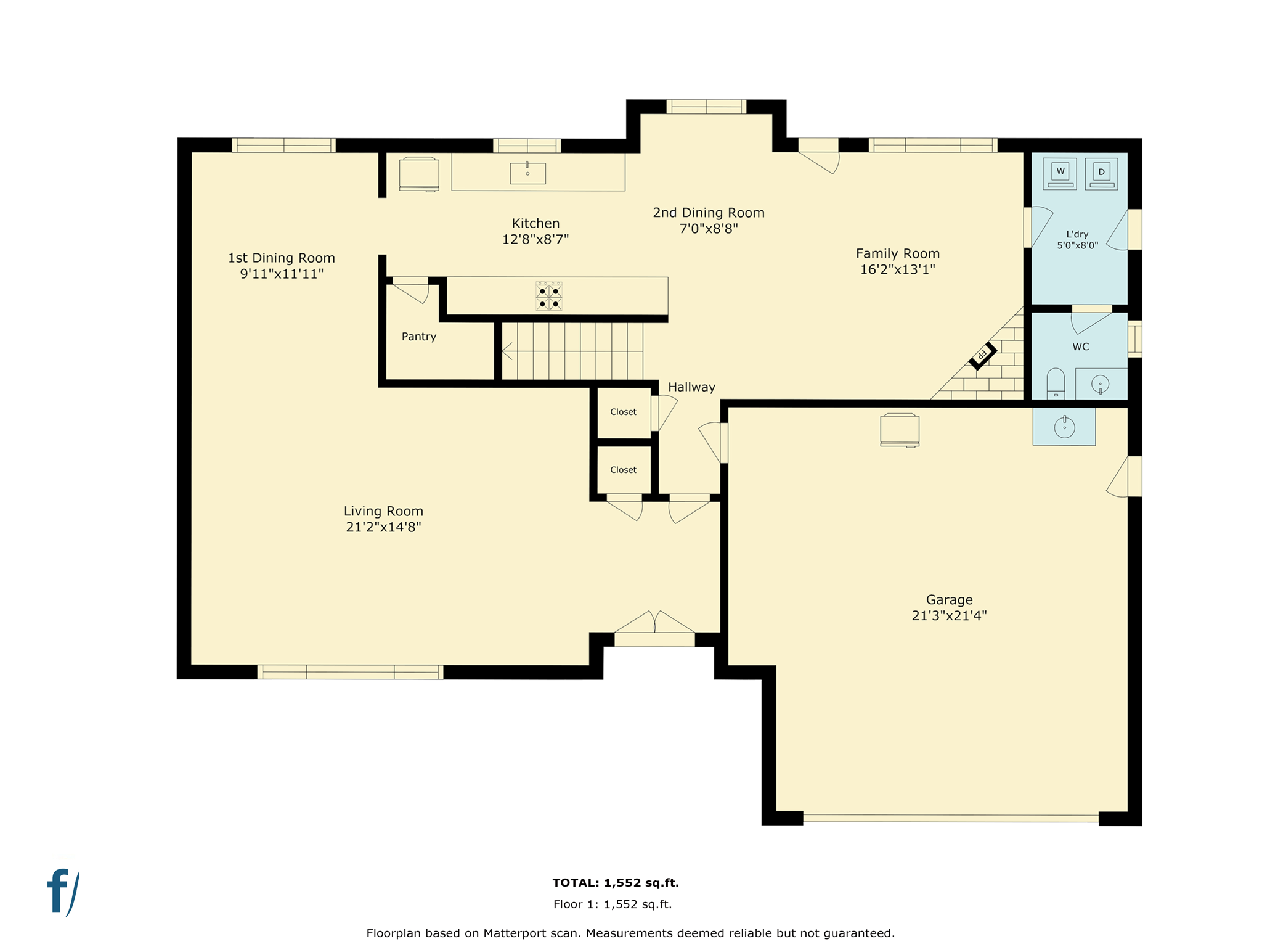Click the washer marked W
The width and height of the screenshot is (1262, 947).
[1060, 173]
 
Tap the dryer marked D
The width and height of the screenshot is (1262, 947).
[1101, 173]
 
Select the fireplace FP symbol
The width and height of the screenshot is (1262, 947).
[983, 355]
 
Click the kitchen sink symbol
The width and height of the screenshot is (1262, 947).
[527, 173]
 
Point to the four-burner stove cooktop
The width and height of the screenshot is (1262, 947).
[549, 296]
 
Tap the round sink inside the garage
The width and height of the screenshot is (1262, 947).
[1064, 427]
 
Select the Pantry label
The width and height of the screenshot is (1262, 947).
[419, 337]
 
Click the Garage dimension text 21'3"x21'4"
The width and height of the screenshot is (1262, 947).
[949, 615]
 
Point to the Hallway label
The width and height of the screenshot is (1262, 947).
[691, 387]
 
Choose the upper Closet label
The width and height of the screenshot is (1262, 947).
[623, 412]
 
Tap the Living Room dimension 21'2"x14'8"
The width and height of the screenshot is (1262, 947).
[383, 527]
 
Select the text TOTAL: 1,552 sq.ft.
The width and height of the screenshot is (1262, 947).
[616, 883]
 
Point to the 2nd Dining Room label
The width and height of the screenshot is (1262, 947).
[709, 213]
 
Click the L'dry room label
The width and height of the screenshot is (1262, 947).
[1077, 234]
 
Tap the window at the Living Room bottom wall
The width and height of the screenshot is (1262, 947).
[350, 672]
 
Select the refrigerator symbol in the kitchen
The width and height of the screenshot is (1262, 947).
[419, 174]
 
